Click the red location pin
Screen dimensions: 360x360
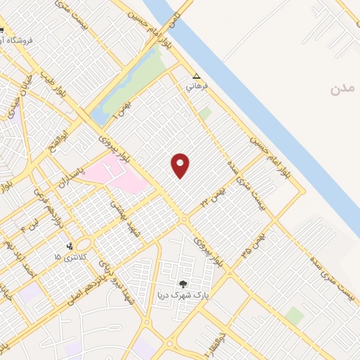(x=181, y=165)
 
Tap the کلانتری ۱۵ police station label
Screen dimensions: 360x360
(x=67, y=257)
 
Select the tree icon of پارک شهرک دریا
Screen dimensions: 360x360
(x=184, y=284)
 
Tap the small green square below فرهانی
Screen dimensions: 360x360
(x=205, y=112)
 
